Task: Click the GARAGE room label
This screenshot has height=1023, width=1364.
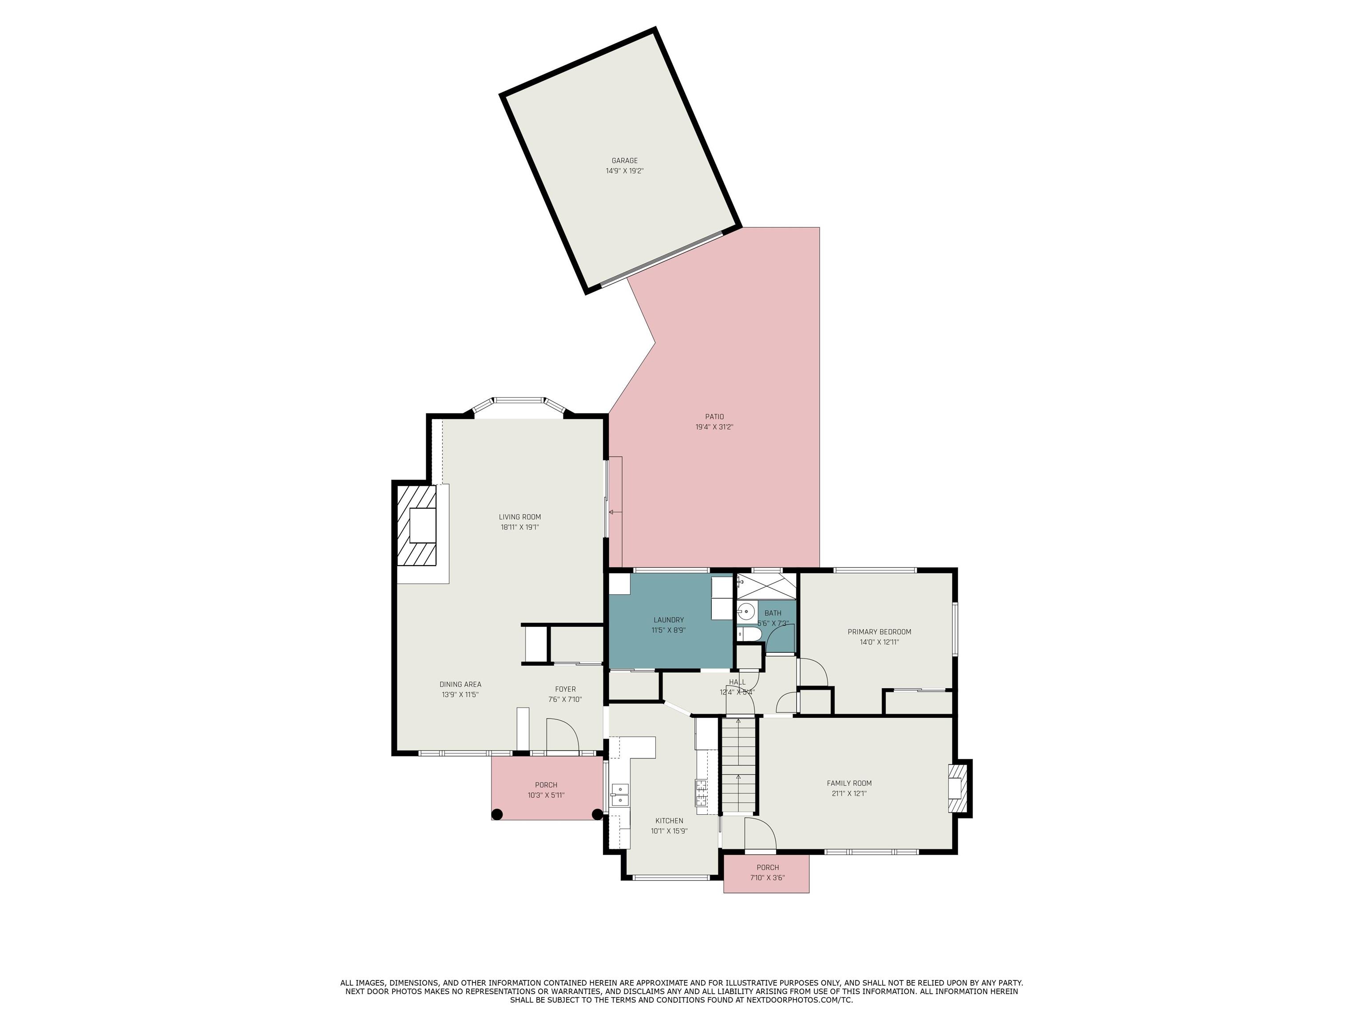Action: (x=624, y=160)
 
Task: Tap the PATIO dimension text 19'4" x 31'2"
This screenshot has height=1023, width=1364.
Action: (x=714, y=427)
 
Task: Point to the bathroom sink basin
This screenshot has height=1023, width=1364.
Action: (x=745, y=612)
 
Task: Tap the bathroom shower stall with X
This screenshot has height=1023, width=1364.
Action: (x=766, y=586)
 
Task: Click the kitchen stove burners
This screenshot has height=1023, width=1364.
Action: (x=702, y=793)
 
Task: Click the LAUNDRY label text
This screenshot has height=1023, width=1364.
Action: (x=668, y=620)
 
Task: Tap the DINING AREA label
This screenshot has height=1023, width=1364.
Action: (x=460, y=685)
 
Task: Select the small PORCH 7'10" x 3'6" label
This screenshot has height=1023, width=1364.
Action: (x=767, y=868)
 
